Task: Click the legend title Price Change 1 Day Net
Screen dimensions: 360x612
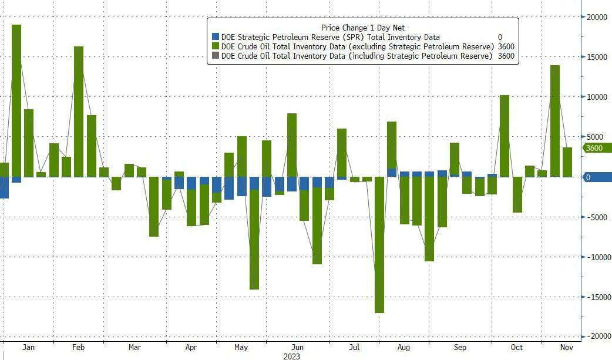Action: (362, 28)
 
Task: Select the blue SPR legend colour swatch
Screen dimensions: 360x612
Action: (216, 37)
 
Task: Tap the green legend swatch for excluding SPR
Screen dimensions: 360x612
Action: (216, 46)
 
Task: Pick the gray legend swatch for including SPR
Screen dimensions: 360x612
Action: (216, 56)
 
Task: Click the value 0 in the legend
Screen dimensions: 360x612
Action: (500, 37)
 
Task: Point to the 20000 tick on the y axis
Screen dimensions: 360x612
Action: (597, 17)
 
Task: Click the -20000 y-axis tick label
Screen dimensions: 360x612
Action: (597, 336)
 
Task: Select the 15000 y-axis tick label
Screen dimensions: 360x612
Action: (597, 57)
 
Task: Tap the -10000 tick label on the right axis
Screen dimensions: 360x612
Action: (597, 257)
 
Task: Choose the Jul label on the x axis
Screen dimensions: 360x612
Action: (354, 348)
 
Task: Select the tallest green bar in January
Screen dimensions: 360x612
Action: (16, 100)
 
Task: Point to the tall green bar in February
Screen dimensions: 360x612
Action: (79, 111)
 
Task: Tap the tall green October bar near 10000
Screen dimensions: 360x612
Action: (504, 136)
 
